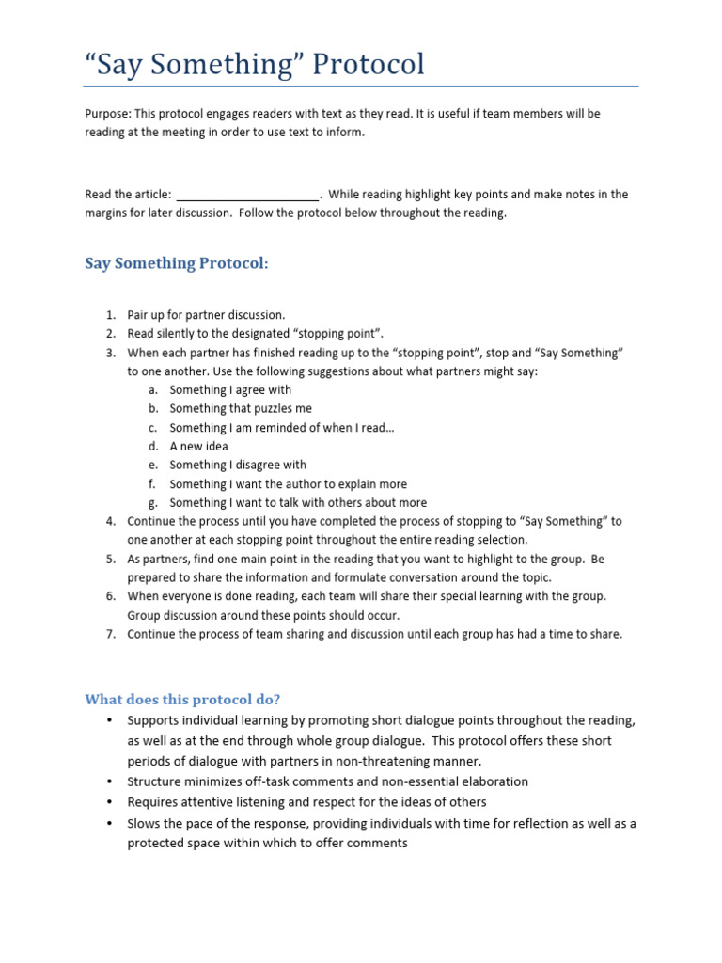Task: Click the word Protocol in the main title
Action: (x=368, y=64)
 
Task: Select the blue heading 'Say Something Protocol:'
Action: (x=177, y=263)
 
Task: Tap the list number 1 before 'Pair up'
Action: (x=110, y=315)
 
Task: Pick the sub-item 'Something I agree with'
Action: (x=230, y=390)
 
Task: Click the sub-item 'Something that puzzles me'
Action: (x=241, y=409)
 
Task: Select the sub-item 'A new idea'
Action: (x=198, y=447)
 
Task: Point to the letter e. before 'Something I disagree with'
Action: (x=152, y=466)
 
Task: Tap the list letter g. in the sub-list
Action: (x=152, y=503)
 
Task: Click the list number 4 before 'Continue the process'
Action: (x=110, y=521)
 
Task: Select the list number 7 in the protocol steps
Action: (x=110, y=634)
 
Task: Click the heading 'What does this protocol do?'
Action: (x=182, y=699)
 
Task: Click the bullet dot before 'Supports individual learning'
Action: (x=109, y=721)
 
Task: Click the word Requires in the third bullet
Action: (x=153, y=802)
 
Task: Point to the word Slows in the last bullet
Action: (x=145, y=824)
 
